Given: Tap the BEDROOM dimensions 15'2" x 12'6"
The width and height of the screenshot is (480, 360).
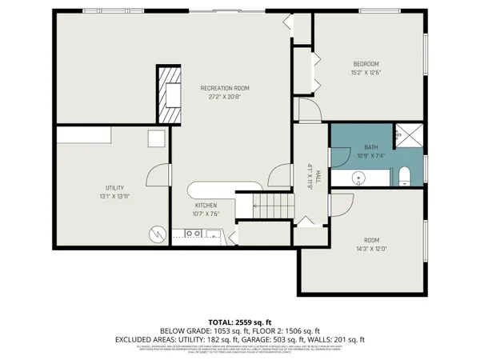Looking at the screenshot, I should pos(366,72).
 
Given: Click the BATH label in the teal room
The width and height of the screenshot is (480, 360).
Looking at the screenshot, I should pos(370,147).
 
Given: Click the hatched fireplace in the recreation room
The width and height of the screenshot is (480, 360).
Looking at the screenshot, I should pos(169,94).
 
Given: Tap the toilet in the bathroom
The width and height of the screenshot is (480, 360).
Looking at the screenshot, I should pos(404,174).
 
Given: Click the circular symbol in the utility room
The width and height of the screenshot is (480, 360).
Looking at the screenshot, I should pos(156,234).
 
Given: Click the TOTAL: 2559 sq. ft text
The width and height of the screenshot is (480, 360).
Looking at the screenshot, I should pos(240,319).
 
